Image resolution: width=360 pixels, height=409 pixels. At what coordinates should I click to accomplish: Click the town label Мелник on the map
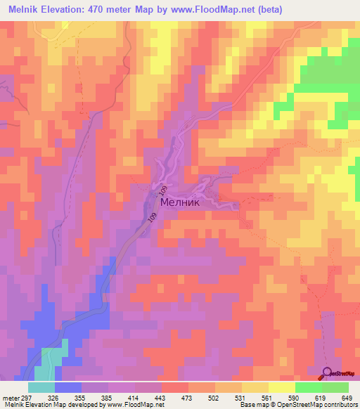[x=181, y=202]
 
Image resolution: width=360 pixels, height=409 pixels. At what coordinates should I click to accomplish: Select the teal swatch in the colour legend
[x=41, y=387]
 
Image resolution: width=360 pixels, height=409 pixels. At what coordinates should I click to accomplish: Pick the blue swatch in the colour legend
[x=67, y=387]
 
